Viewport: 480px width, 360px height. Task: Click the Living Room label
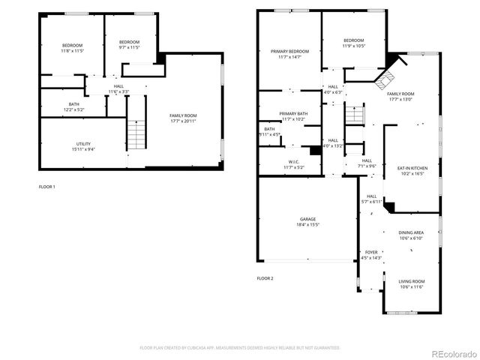(x=410, y=283)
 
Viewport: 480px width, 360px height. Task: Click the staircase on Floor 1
(x=135, y=136)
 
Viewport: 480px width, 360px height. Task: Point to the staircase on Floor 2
(x=355, y=115)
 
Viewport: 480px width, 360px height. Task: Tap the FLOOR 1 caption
(x=47, y=186)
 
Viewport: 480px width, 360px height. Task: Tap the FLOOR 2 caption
(x=265, y=278)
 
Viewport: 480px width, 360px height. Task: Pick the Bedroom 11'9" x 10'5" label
(x=354, y=43)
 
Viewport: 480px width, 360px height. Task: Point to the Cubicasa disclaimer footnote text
(x=240, y=348)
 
